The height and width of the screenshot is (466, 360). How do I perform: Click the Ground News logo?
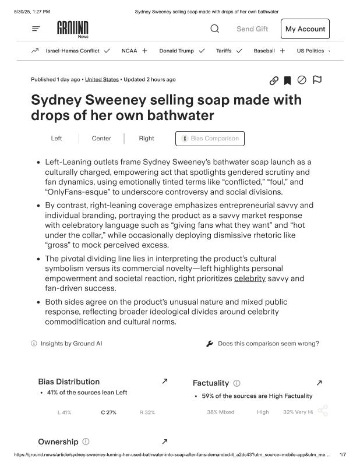73,29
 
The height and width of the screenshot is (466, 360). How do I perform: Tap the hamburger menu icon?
36,29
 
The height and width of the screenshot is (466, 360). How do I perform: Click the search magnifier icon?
214,29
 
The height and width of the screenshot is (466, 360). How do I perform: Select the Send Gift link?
252,29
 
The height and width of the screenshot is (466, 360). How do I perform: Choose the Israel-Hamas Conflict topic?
72,51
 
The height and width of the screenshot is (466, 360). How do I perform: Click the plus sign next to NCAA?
144,51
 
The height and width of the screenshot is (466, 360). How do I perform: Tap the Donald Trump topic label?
177,51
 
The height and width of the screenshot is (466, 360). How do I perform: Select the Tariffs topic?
224,51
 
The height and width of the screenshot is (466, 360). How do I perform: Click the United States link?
102,79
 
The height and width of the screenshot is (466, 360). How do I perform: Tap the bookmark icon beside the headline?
287,80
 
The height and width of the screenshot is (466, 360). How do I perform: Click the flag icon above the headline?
317,80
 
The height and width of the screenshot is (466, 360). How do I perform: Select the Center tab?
101,139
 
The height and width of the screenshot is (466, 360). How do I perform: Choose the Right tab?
147,139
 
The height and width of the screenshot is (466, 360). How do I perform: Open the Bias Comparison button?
210,139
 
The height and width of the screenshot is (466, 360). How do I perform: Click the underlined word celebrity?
249,278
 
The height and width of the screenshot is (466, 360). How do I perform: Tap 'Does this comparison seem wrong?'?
268,344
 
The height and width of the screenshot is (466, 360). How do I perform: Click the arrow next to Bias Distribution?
164,381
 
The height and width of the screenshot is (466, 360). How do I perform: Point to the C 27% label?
108,412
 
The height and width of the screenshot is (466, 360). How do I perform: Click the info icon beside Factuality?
237,383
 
